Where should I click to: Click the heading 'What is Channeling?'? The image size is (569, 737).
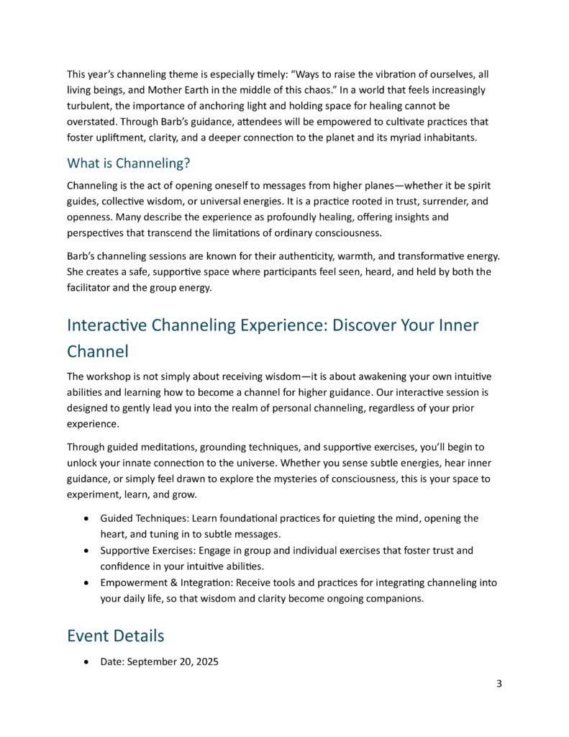[x=128, y=163]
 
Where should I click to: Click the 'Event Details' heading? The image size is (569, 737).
[x=115, y=636]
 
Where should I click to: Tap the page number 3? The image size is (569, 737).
[x=499, y=684]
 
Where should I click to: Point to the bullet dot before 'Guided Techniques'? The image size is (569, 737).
[x=87, y=518]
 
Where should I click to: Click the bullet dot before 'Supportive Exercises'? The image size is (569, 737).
[x=87, y=551]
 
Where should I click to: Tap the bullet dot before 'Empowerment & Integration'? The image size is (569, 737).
[x=87, y=582]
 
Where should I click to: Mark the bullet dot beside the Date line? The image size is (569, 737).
[x=87, y=661]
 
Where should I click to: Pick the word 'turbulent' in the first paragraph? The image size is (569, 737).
[x=89, y=106]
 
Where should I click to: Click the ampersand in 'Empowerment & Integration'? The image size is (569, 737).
[x=171, y=582]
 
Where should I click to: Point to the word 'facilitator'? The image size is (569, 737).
[x=91, y=288]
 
